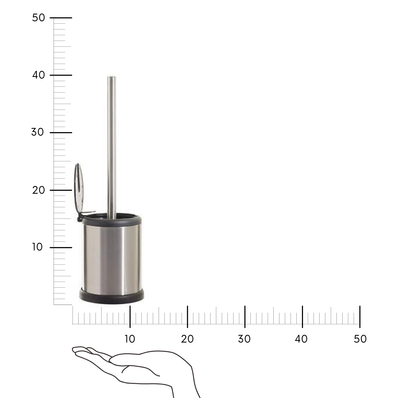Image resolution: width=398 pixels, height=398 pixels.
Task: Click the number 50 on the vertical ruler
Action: [39, 18]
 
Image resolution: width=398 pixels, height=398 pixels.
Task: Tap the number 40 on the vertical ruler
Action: [39, 75]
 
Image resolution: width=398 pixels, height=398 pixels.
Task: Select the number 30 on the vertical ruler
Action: [38, 132]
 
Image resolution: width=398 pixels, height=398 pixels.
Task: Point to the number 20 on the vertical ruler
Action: [39, 190]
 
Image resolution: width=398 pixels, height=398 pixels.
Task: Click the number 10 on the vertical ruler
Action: [38, 247]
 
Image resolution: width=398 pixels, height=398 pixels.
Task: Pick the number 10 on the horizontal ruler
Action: [130, 339]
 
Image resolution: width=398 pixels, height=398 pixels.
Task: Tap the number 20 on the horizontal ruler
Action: [187, 339]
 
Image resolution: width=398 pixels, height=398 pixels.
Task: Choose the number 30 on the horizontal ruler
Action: [244, 339]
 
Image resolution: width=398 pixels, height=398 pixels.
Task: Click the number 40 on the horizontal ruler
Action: [301, 339]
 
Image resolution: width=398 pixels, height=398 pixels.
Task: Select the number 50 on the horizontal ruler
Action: [360, 339]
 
